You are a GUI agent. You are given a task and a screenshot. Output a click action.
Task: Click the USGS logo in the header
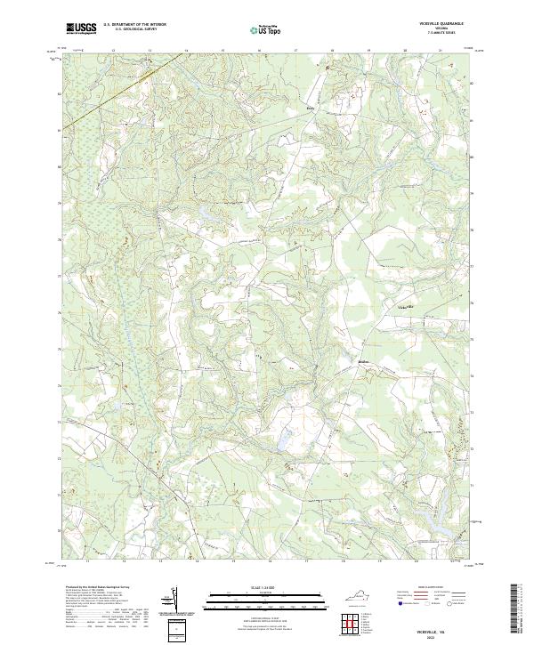click(81, 29)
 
